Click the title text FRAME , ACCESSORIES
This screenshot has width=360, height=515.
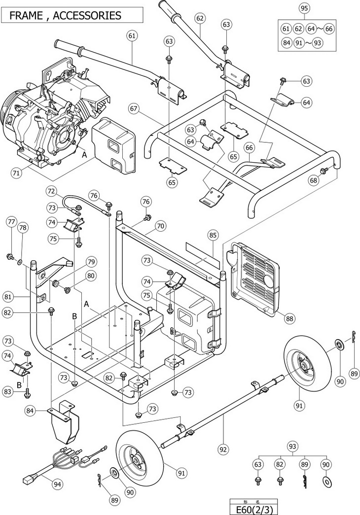tap(65, 15)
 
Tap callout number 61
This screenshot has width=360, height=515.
tap(132, 36)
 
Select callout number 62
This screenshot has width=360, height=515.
tap(200, 18)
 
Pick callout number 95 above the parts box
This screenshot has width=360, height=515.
tap(304, 8)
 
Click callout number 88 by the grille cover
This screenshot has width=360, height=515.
tap(290, 318)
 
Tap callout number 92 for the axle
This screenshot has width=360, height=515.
tap(223, 449)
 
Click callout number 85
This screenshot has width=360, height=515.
tap(213, 235)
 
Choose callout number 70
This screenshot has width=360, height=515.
tap(161, 226)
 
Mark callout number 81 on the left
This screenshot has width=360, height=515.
tap(8, 297)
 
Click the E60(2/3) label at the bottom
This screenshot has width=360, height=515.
tap(253, 510)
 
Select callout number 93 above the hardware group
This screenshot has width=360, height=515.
tap(292, 446)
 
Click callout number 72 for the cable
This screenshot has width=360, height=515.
tap(52, 191)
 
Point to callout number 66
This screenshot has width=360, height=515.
tap(249, 147)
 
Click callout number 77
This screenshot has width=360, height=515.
tap(11, 222)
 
